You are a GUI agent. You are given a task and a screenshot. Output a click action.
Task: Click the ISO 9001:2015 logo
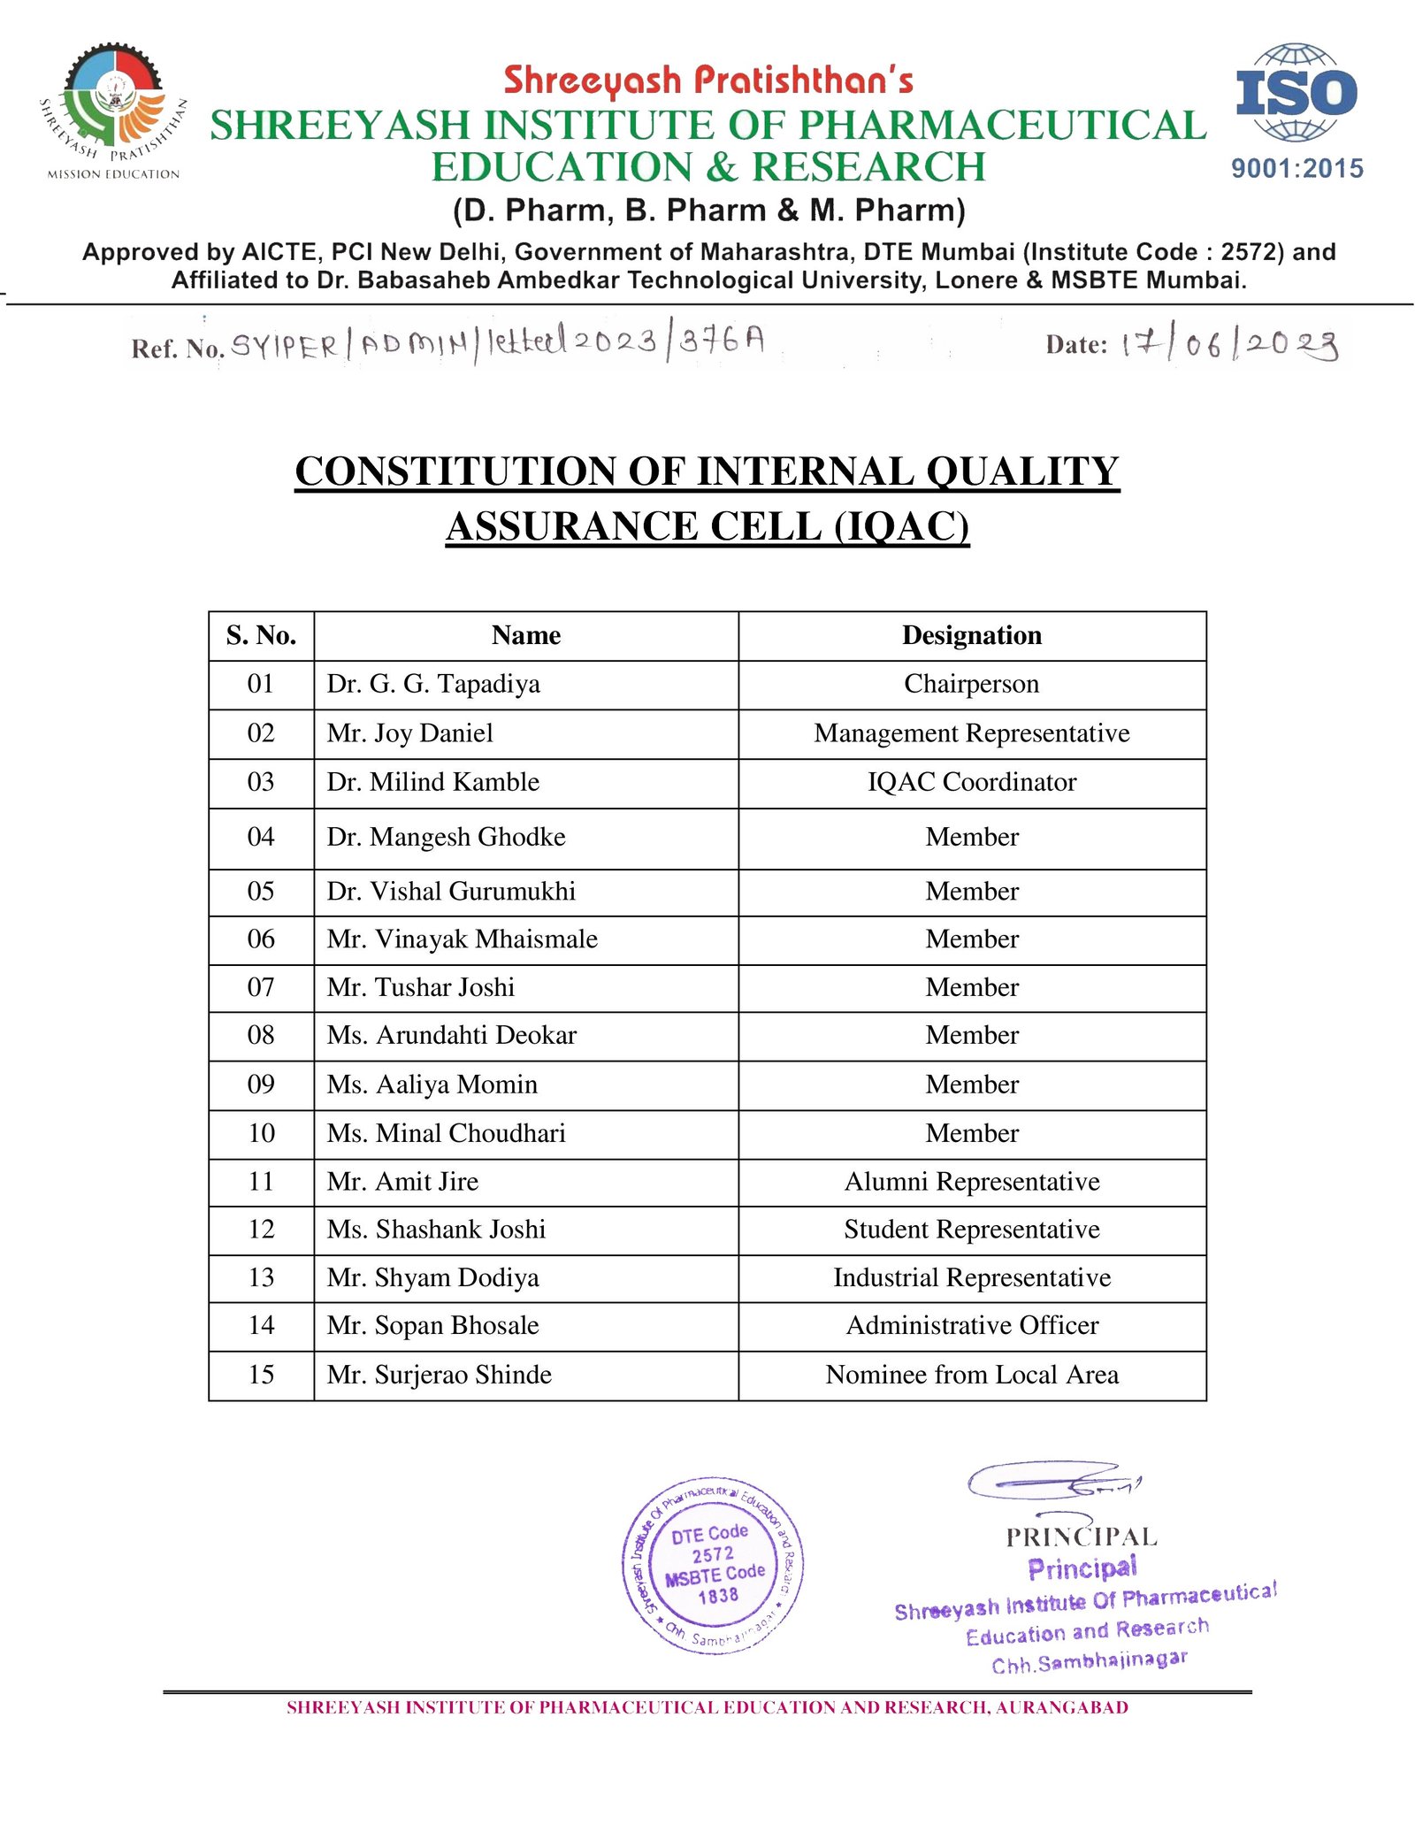coord(1296,111)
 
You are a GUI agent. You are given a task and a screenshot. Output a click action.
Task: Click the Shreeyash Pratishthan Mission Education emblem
coord(113,111)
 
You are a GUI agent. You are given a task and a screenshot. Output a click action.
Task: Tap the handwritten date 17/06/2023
coord(1230,344)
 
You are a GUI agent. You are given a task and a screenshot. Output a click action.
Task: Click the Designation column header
coord(971,635)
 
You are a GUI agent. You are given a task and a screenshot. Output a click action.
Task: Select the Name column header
coord(525,635)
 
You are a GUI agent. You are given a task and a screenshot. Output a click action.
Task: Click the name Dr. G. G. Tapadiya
coord(433,684)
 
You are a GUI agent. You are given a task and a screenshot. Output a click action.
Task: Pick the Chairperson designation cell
coord(971,684)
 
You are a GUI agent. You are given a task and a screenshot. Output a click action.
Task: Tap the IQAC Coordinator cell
coord(971,782)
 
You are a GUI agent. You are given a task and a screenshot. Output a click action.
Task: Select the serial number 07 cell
coord(261,987)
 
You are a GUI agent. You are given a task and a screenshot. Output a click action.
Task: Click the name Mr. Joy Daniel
coord(409,733)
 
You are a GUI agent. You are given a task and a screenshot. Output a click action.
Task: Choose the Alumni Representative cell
coord(971,1182)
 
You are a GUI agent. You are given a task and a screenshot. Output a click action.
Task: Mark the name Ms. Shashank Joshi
coord(436,1230)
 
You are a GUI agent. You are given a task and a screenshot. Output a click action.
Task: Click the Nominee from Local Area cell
coord(971,1375)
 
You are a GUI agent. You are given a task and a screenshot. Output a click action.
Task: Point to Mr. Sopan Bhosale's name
coord(432,1325)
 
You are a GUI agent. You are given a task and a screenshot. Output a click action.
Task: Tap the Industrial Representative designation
coord(971,1277)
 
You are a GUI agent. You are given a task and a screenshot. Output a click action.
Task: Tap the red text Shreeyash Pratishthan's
coord(708,80)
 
